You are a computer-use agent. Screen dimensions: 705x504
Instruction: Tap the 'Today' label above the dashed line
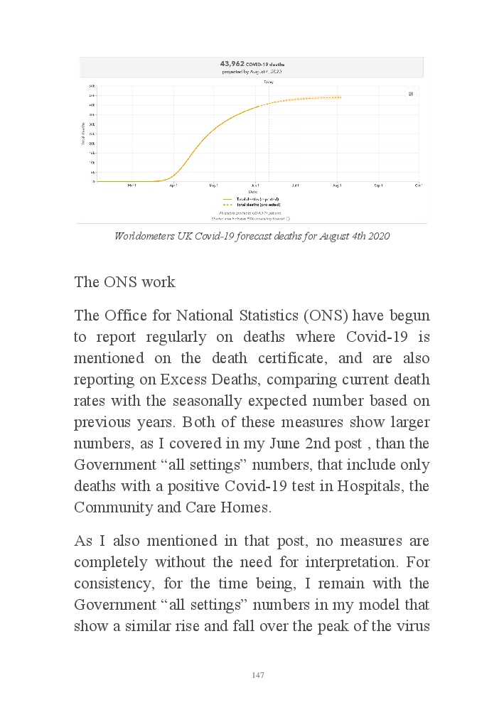pos(269,82)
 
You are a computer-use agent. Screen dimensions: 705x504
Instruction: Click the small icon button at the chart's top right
pos(410,94)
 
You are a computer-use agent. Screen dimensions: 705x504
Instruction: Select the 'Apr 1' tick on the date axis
pos(173,185)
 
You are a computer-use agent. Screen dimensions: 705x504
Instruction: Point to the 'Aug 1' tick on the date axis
pos(337,185)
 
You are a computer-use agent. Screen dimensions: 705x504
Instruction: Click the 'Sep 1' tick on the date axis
pos(378,185)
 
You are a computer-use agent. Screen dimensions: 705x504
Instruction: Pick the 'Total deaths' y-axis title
pos(82,134)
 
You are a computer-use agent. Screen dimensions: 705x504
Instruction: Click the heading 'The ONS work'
pos(124,281)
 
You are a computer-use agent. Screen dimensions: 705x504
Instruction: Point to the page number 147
pos(258,675)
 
